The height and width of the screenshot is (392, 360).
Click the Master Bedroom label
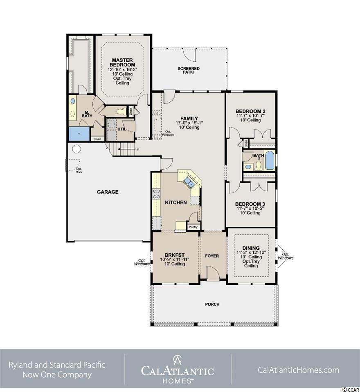(x=122, y=62)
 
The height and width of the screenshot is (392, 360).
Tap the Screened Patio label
(x=189, y=70)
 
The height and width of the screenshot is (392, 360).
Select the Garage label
(x=108, y=192)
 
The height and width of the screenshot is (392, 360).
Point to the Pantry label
(x=193, y=227)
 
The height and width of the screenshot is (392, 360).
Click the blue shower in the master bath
(x=79, y=134)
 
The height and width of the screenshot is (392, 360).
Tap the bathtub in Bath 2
(x=270, y=160)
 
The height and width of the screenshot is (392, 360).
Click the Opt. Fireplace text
(x=168, y=133)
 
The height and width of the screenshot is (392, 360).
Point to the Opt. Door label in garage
(x=79, y=170)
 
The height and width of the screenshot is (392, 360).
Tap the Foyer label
(x=212, y=256)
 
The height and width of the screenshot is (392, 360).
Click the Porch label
(x=212, y=305)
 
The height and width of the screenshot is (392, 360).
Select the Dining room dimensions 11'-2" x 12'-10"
(x=251, y=253)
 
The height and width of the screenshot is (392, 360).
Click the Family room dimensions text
(x=189, y=123)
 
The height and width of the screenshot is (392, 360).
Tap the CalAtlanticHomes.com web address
(x=298, y=370)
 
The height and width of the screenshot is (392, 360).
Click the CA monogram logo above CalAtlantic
(x=178, y=360)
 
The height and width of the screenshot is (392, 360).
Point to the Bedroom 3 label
(x=250, y=204)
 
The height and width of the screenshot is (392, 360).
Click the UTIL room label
(x=122, y=129)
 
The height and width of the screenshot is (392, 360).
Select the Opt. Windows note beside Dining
(x=286, y=256)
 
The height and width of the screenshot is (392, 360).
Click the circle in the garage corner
(x=76, y=149)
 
